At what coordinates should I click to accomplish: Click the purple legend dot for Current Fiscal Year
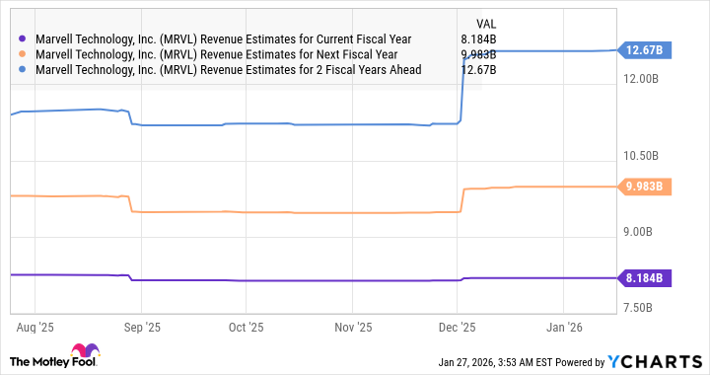(23, 39)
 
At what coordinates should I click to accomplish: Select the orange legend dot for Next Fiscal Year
(23, 54)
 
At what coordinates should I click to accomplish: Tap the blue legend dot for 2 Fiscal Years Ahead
(23, 70)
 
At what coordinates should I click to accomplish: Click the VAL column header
(486, 22)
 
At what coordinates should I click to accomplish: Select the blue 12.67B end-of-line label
(644, 50)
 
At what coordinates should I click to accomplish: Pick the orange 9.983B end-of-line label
(644, 187)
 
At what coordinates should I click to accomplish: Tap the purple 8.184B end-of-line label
(644, 278)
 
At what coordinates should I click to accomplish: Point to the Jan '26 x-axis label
(564, 325)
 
